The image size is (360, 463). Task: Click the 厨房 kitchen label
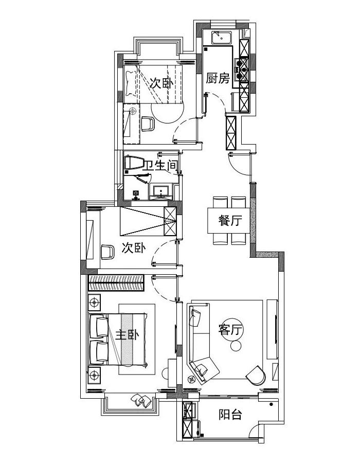coord(218,79)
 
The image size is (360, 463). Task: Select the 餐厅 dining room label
coord(230,220)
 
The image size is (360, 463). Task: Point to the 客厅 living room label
coord(230,330)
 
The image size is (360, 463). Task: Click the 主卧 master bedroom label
coord(127,335)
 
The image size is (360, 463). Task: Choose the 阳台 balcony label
coord(230,414)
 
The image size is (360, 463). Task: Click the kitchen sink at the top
coord(222,37)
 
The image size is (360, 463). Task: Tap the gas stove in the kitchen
coord(241,69)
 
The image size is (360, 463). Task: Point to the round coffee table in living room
coord(236,346)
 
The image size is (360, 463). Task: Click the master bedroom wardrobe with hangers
coord(116,283)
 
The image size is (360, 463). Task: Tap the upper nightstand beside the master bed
coord(95,302)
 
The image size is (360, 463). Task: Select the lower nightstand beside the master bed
coord(95,375)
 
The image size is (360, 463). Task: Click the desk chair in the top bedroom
coord(148,124)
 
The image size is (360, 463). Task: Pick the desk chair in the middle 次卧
coord(107,252)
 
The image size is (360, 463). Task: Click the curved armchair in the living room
coord(256,376)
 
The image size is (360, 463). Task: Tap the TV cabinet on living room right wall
coord(273,329)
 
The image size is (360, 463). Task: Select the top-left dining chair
coord(220,202)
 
